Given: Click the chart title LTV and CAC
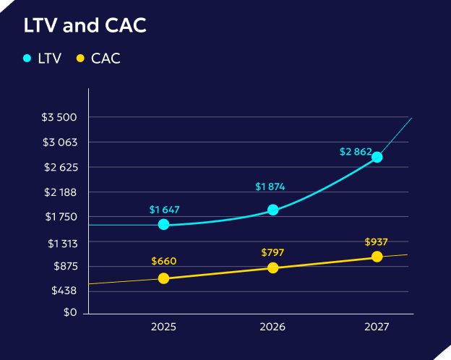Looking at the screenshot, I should click(85, 26).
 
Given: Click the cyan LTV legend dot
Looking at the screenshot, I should click(27, 59).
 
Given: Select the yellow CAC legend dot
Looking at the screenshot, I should click(81, 59).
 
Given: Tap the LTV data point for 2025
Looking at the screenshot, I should click(163, 224).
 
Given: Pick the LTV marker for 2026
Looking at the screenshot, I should click(273, 210).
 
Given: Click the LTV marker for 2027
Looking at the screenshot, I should click(377, 157).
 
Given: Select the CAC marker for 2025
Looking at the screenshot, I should click(163, 278).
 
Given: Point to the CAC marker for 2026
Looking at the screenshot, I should click(273, 267).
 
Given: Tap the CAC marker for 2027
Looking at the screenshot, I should click(377, 257).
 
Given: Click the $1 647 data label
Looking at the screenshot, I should click(164, 210).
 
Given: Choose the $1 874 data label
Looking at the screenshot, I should click(270, 187).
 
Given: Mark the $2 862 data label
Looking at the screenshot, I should click(356, 153).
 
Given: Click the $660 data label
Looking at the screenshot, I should click(164, 262).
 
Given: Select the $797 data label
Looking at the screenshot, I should click(273, 252).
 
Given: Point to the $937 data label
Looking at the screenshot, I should click(377, 241).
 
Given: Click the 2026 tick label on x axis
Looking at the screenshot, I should click(273, 327).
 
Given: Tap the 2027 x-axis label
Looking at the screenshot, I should click(377, 327).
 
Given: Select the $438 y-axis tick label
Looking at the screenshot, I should click(64, 291).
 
